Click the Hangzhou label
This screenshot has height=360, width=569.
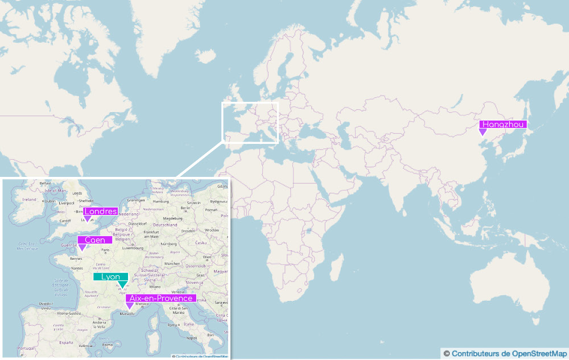[x=503, y=125]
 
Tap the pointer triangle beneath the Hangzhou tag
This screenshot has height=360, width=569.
[x=483, y=132]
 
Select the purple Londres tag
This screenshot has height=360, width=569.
[x=100, y=212]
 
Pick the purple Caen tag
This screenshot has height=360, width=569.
[x=94, y=240]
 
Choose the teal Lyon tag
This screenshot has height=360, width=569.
[x=110, y=277]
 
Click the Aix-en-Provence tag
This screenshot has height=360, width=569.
[x=161, y=298]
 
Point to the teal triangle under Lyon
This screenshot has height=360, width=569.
[x=122, y=284]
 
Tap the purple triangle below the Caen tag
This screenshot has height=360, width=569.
[x=82, y=247]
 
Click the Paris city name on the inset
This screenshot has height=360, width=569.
[x=105, y=250]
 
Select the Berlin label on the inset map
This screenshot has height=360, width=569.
[x=184, y=208]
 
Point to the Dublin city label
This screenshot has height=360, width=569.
[x=50, y=201]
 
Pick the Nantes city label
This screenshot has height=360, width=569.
[x=77, y=268]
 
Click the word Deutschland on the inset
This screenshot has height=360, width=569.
[x=165, y=225]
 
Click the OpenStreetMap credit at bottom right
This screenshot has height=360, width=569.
[x=504, y=354]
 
